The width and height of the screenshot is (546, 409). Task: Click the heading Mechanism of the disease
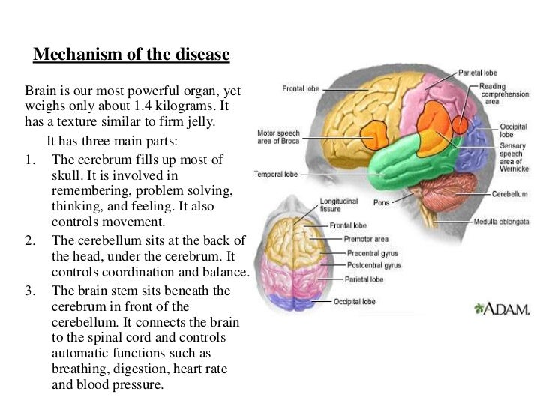pos(131,55)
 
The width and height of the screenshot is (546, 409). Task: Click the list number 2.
pos(31,240)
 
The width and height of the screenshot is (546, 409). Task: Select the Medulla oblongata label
pos(502,222)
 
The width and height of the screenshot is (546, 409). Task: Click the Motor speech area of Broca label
pos(279,136)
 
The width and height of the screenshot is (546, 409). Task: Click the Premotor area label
pos(367,239)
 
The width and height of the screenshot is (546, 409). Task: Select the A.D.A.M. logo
pos(502,309)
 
